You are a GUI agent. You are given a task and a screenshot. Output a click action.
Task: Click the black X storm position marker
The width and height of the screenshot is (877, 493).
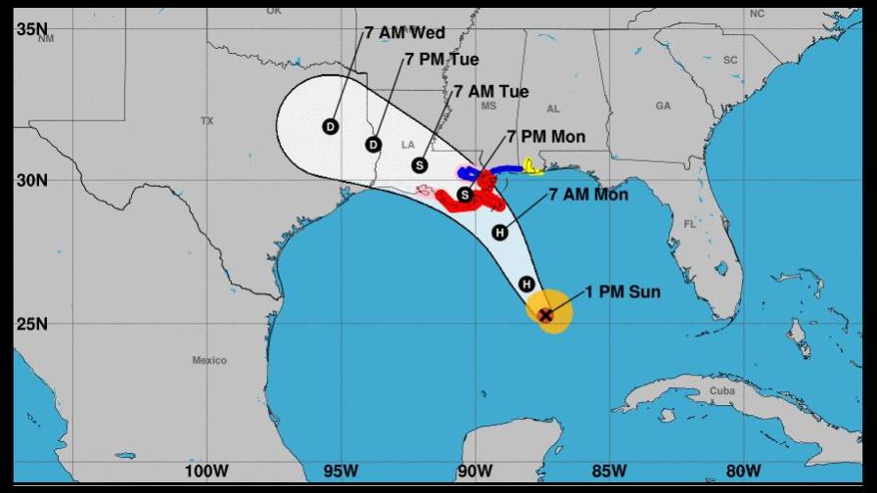coord(546,314)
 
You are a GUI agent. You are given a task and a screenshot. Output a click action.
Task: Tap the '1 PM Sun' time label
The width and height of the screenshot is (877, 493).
coord(623,291)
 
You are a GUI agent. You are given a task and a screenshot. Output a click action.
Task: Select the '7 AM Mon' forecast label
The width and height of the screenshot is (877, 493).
coord(588,195)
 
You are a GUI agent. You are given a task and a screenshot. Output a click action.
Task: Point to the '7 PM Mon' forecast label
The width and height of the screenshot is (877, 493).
coord(546,137)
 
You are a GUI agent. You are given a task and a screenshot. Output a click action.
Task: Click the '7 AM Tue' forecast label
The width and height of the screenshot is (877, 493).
coord(491,92)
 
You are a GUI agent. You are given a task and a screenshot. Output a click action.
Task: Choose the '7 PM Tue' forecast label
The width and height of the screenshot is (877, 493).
coord(441,60)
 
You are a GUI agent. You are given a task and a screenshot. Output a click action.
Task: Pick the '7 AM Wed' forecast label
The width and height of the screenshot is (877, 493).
coord(405,33)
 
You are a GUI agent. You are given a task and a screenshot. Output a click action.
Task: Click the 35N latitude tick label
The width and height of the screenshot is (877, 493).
coord(31,29)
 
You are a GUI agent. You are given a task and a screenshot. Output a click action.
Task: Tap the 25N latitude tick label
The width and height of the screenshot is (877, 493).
coord(31,324)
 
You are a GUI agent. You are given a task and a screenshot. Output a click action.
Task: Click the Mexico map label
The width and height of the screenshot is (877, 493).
coord(209,361)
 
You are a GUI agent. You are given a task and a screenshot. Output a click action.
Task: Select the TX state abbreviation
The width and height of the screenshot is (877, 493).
coord(207,121)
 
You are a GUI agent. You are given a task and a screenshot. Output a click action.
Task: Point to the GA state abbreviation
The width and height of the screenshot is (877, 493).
coord(663,106)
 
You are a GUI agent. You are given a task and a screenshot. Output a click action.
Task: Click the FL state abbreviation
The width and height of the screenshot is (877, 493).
coord(689,224)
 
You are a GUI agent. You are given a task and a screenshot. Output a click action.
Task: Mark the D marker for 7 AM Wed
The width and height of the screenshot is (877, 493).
coord(330,127)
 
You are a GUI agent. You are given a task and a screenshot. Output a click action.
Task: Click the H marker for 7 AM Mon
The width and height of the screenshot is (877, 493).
coord(500,232)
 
